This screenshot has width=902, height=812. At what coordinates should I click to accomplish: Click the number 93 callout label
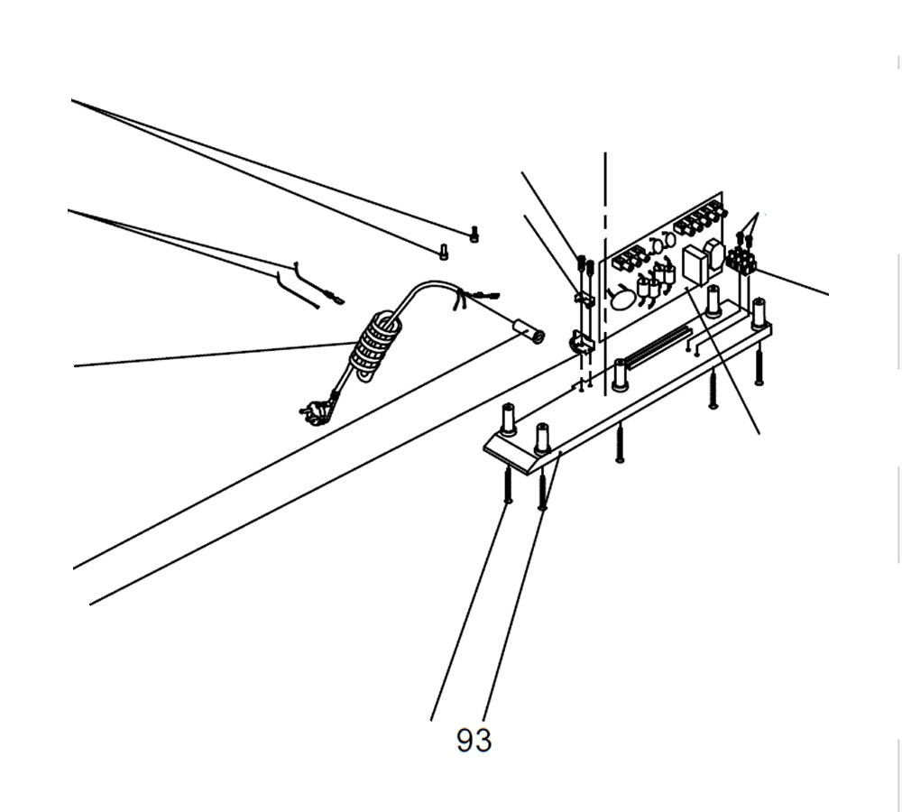(474, 741)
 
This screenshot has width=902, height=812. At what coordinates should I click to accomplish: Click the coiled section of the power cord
(373, 346)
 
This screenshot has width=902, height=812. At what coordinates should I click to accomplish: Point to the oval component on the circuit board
(622, 298)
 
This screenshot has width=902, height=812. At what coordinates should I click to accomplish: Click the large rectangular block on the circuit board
(695, 265)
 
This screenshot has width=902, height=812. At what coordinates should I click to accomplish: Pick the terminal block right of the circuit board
(741, 262)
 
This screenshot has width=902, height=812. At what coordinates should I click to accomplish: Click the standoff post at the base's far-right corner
(759, 312)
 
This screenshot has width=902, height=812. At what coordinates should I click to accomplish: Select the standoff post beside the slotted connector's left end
(620, 374)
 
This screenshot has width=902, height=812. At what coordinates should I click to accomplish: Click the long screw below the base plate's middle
(620, 444)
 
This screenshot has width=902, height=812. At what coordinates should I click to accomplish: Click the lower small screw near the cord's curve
(443, 252)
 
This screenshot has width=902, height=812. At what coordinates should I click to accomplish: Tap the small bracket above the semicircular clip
(584, 299)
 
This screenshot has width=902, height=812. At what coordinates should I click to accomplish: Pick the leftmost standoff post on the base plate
(508, 419)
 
